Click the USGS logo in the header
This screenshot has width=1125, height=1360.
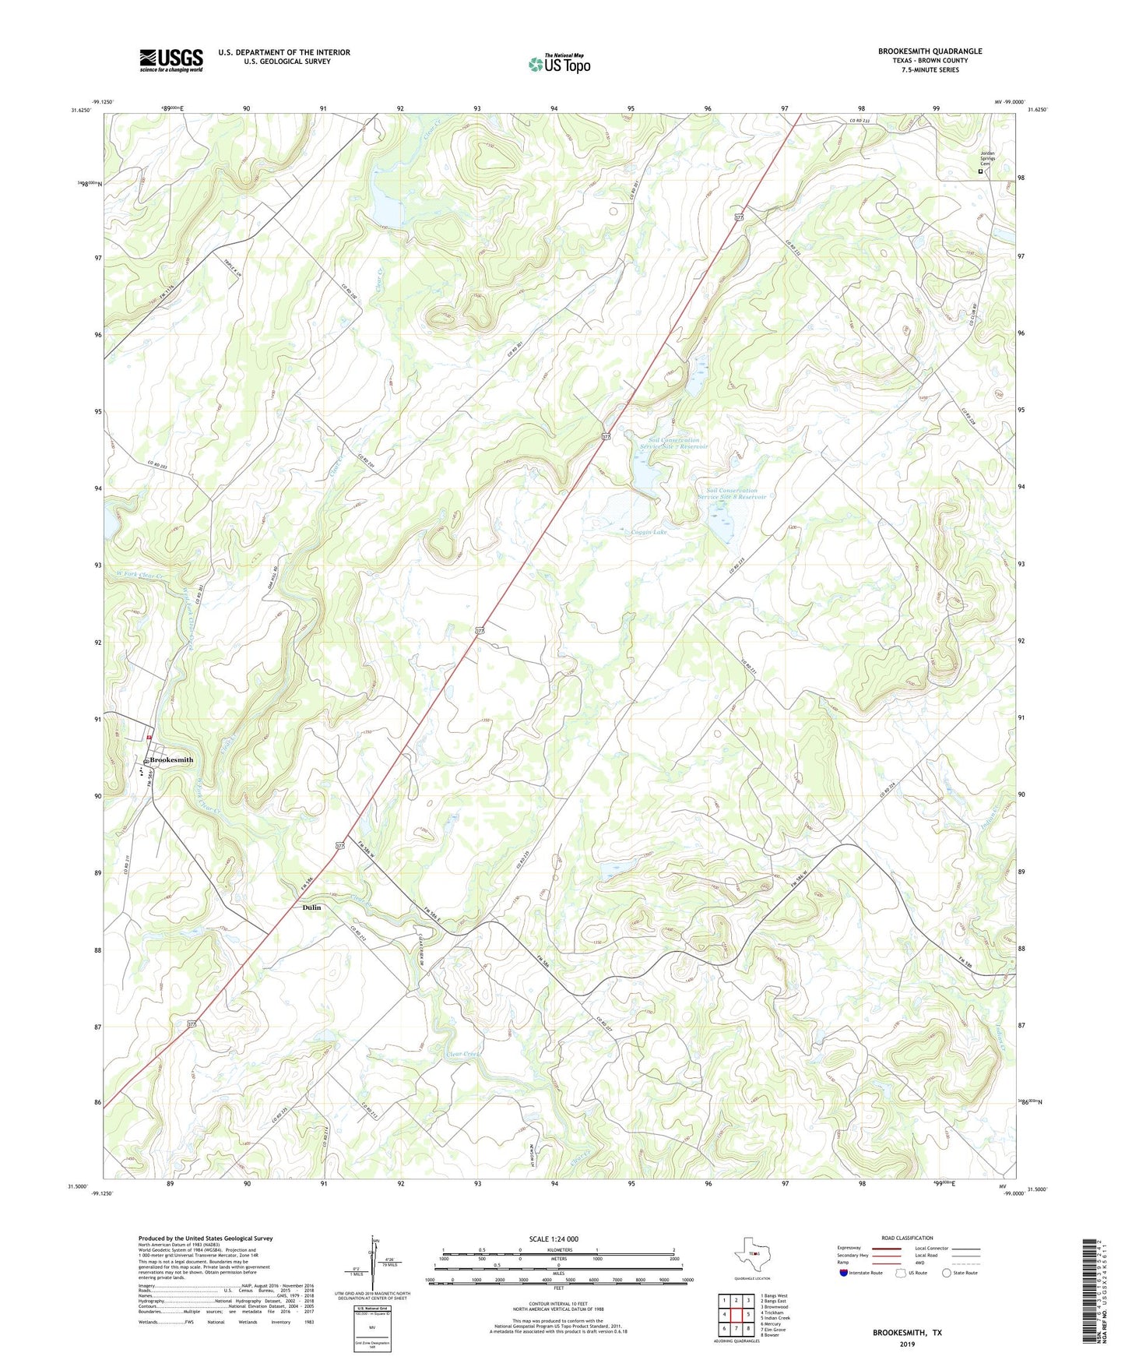171,59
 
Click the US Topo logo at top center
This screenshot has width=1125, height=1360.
559,64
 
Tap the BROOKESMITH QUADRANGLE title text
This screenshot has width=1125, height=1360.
930,51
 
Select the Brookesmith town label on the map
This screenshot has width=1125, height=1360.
171,759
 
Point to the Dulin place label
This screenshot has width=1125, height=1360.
311,907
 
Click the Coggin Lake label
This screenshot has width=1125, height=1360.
649,532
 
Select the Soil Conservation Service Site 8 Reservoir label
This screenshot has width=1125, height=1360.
731,494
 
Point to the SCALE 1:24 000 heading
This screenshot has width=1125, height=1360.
554,1239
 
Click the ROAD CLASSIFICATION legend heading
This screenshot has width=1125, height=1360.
907,1238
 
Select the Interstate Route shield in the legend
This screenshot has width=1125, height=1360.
844,1273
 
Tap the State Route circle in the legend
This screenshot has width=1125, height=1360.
946,1273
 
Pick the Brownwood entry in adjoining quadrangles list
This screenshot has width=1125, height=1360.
775,1306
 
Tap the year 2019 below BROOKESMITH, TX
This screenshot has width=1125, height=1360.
907,1344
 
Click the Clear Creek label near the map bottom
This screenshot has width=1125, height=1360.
464,1053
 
